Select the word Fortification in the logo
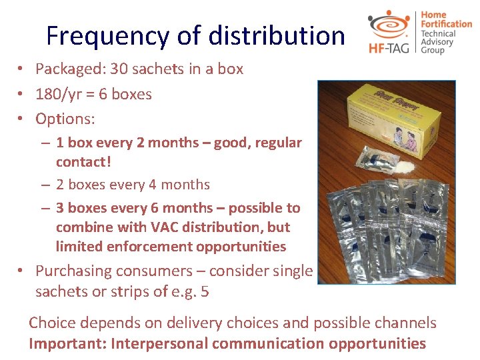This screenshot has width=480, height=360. click(445, 24)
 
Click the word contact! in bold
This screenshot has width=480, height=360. click(83, 162)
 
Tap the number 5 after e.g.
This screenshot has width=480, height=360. click(205, 292)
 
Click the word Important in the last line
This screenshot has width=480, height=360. click(65, 344)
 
